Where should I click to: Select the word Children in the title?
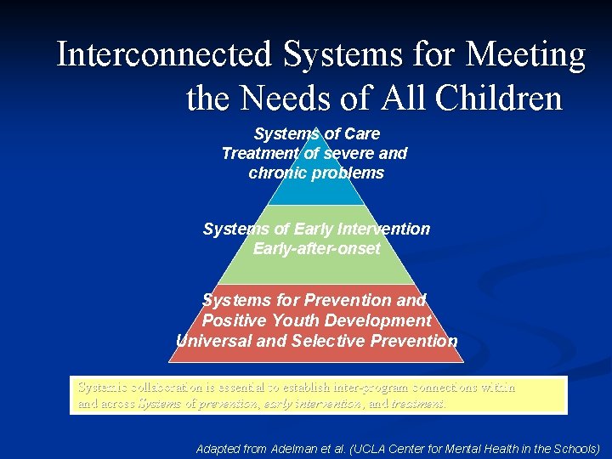498,99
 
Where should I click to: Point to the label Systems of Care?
316,133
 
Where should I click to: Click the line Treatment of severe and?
314,153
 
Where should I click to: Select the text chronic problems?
316,173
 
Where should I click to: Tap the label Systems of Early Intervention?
316,229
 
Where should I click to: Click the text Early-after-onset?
316,248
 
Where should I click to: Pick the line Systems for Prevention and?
314,300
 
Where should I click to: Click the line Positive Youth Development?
316,320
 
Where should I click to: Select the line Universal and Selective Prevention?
316,341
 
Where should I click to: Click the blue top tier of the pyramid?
316,192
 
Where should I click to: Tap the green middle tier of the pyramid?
316,268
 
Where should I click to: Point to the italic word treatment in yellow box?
417,404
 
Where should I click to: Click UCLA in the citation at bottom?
381,447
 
